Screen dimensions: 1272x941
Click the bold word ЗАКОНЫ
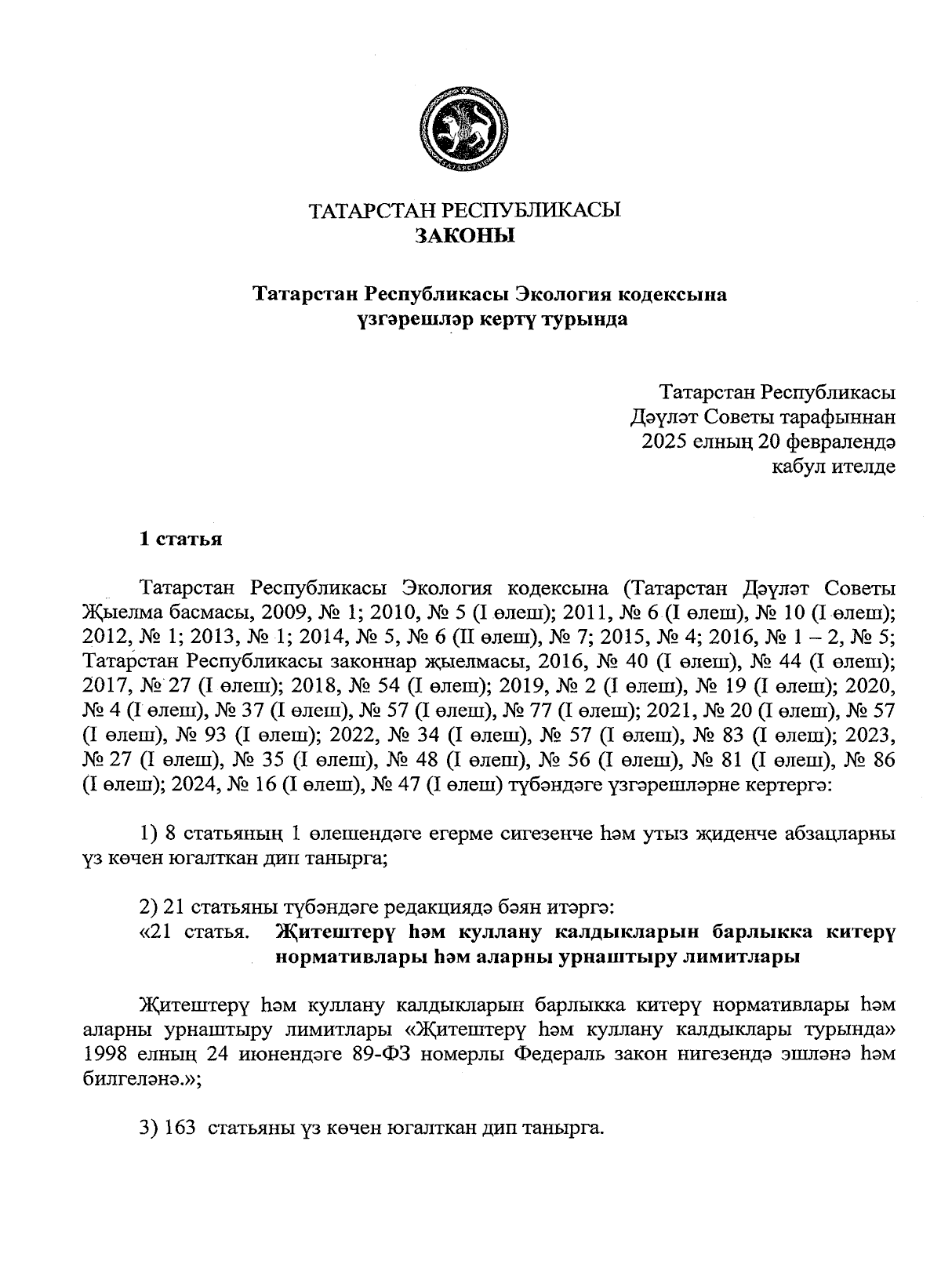point(464,235)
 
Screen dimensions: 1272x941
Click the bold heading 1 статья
point(180,540)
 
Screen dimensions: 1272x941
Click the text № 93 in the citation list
point(199,737)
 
